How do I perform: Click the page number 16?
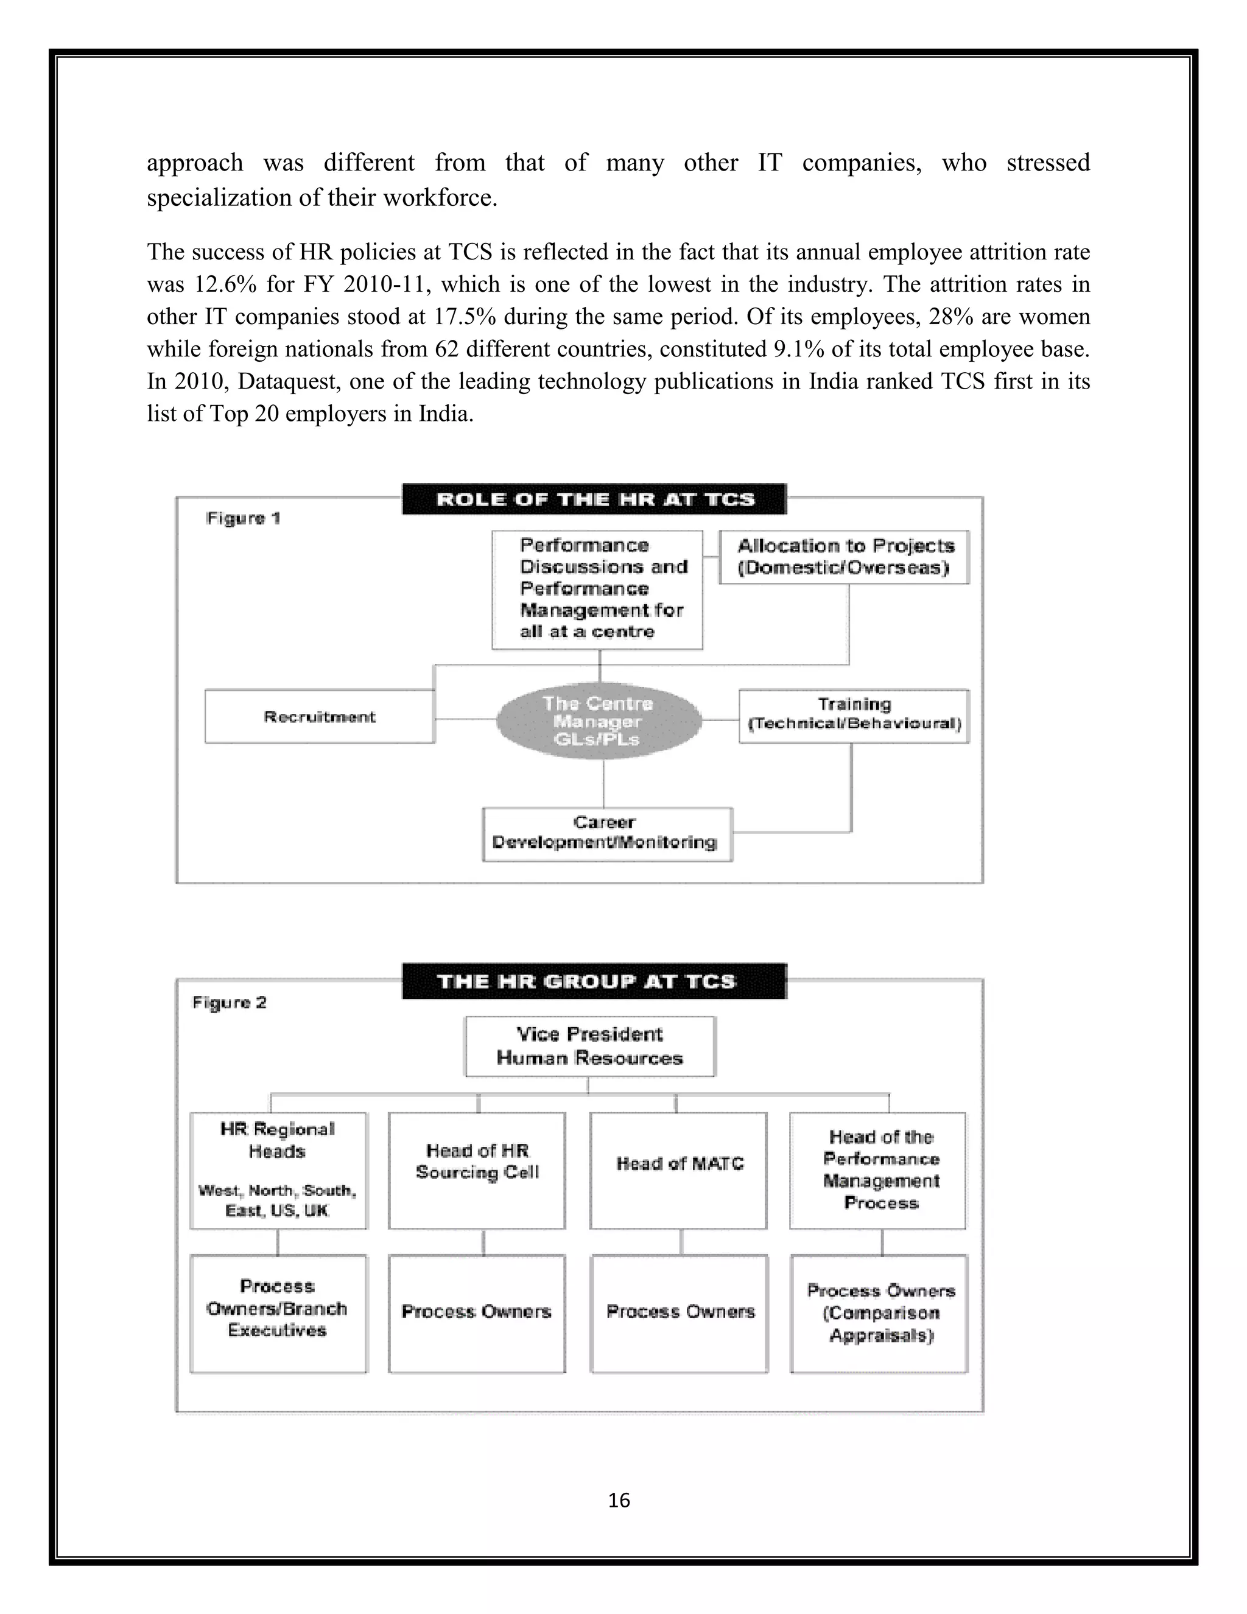point(619,1499)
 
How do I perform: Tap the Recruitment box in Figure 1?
point(320,716)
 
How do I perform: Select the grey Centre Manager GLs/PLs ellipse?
point(599,721)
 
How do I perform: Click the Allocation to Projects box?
point(845,557)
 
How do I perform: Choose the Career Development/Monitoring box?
point(606,834)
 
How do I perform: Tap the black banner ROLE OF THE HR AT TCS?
point(595,499)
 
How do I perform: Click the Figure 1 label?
point(243,518)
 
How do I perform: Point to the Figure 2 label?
point(229,1002)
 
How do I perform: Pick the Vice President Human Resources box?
point(589,1046)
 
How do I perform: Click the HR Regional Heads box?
point(278,1170)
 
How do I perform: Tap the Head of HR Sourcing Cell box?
point(477,1170)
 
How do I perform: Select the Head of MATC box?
point(679,1170)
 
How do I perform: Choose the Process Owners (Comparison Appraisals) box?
point(880,1313)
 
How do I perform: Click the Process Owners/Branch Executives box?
point(278,1313)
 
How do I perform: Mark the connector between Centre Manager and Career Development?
point(603,783)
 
